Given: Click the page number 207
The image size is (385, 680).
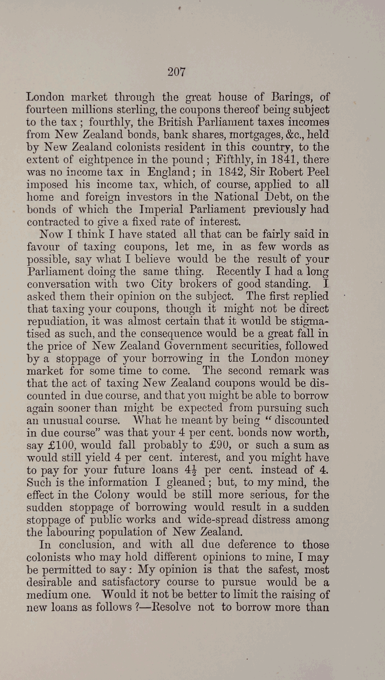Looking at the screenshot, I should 177,72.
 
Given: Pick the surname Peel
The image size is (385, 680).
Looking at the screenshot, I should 318,172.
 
